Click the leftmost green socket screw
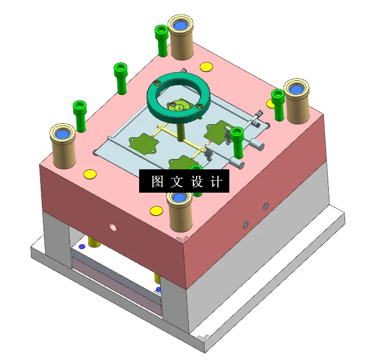coord(80,116)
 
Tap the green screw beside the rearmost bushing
coord(161,40)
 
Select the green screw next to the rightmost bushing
coord(278,104)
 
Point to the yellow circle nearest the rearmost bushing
coord(206,67)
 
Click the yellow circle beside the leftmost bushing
coord(90,174)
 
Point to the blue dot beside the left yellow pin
coord(82,246)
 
